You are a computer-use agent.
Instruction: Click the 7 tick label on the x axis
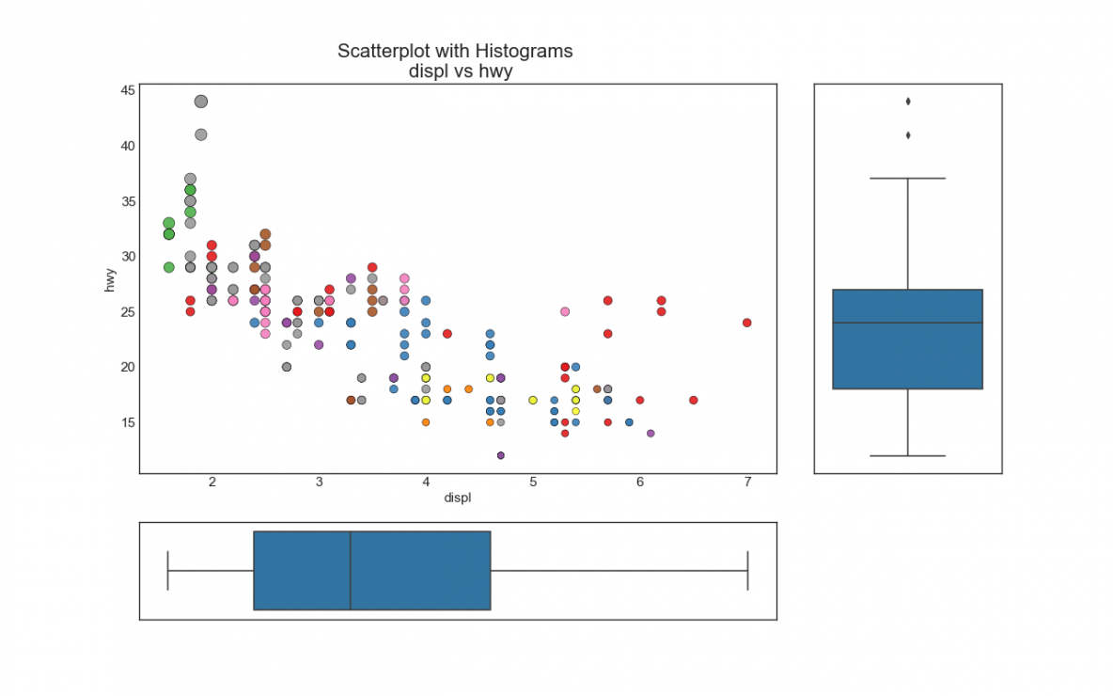(747, 482)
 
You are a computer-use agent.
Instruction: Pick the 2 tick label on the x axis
(212, 482)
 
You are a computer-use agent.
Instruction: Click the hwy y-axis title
(110, 279)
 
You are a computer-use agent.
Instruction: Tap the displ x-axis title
(458, 498)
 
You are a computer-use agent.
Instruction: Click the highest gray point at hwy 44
(201, 102)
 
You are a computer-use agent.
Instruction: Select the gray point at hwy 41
(201, 134)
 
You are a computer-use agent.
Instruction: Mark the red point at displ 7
(747, 323)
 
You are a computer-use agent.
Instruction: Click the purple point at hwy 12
(501, 455)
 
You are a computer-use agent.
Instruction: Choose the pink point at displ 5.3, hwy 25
(565, 311)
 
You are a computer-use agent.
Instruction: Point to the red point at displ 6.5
(694, 400)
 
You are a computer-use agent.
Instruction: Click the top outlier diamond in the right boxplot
(908, 102)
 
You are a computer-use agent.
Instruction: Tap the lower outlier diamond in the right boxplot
(908, 135)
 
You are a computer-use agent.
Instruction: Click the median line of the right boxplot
(908, 323)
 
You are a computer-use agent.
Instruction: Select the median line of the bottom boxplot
(351, 571)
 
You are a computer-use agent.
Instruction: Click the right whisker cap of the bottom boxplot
(747, 571)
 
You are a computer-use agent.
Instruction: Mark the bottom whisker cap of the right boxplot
(908, 455)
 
